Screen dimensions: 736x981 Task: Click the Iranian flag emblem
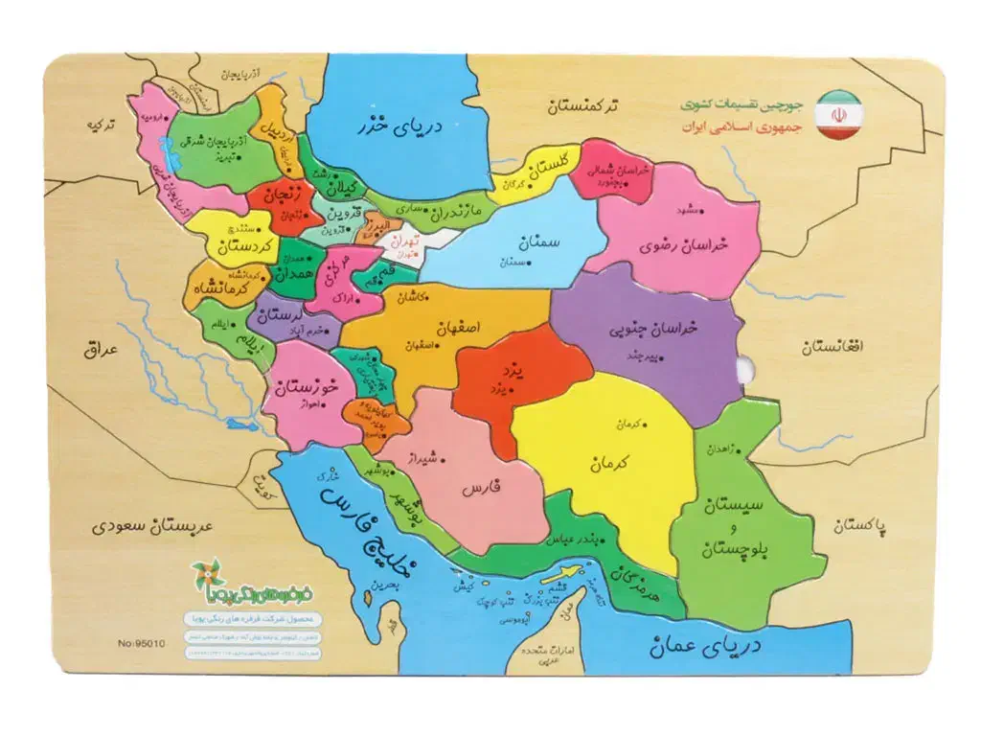coord(838,114)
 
